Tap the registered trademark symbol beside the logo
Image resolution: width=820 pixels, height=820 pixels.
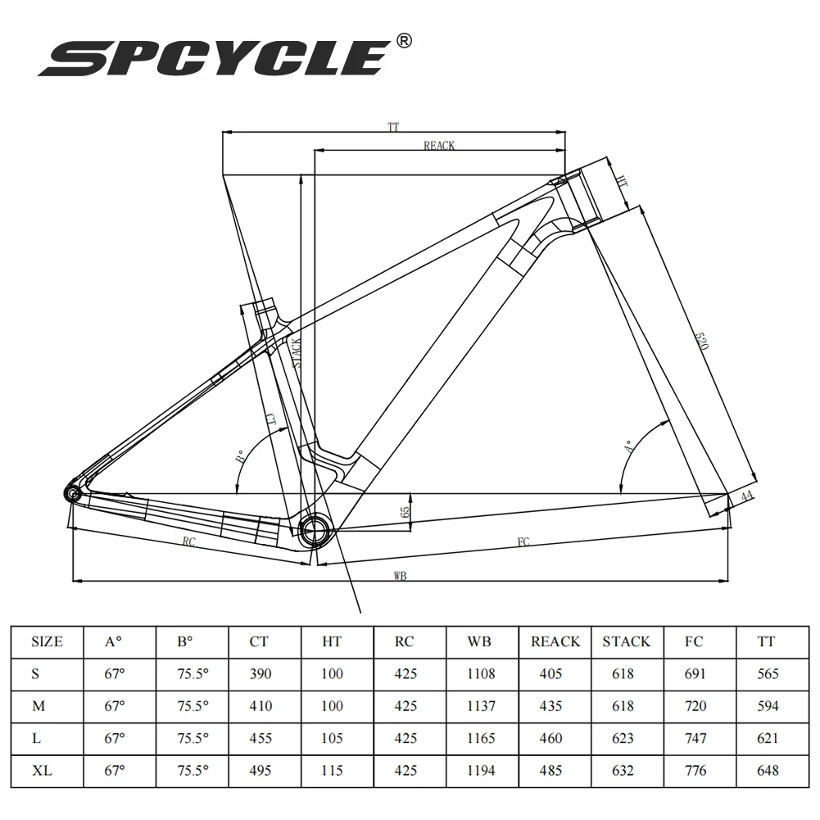(x=403, y=40)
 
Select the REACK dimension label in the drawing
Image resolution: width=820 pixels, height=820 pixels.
(x=439, y=146)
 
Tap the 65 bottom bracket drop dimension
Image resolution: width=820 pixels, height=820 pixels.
(x=405, y=512)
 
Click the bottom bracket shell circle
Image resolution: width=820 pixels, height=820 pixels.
(x=315, y=530)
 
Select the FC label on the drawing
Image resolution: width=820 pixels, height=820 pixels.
(x=522, y=541)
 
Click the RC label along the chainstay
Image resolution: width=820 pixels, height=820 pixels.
(x=188, y=541)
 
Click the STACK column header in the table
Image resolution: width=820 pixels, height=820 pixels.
(x=627, y=641)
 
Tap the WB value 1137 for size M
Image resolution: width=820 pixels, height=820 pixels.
(x=481, y=706)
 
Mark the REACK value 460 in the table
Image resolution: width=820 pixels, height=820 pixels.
(x=555, y=738)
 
